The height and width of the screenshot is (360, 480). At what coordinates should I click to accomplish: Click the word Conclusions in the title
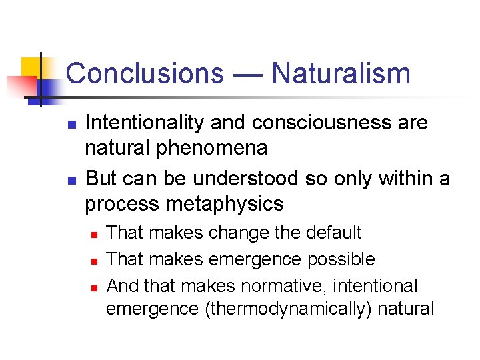pyautogui.click(x=145, y=73)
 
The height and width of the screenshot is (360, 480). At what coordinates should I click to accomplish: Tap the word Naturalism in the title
pyautogui.click(x=341, y=73)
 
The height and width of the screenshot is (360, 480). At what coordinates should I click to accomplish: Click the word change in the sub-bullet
pyautogui.click(x=238, y=233)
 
